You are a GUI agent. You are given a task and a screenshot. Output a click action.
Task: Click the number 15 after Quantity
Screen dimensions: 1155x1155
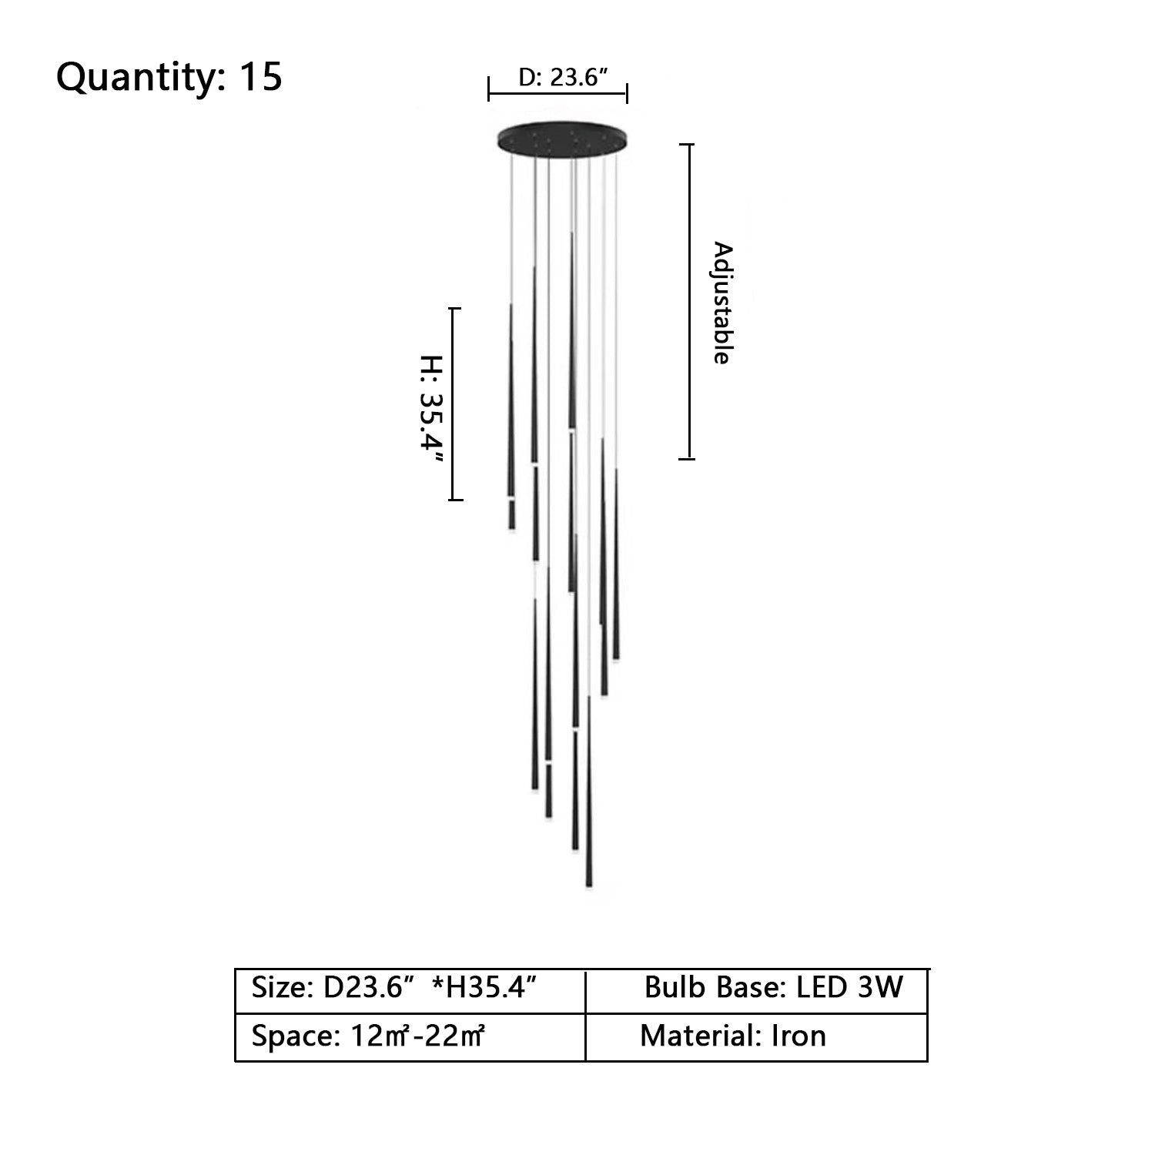pos(261,77)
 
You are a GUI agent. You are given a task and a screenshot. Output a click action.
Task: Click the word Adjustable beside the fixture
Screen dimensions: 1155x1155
pos(722,303)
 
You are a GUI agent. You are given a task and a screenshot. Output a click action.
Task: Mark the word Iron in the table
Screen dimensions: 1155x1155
pos(798,1036)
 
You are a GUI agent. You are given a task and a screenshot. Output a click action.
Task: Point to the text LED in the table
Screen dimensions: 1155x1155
pos(820,987)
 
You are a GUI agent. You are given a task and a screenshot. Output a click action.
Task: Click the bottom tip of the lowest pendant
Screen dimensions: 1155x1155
pos(589,886)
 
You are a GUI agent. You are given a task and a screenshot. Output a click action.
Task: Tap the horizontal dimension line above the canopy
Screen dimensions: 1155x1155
pos(558,95)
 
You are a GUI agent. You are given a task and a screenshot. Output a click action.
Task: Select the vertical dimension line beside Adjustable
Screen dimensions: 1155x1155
pos(689,302)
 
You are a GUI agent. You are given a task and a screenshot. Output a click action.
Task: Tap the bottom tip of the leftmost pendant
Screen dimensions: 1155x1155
pos(511,528)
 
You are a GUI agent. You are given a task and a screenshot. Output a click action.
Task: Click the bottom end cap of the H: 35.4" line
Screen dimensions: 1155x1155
pos(455,500)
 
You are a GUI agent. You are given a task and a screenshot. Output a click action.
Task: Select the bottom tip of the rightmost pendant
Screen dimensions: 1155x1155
pos(616,658)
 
